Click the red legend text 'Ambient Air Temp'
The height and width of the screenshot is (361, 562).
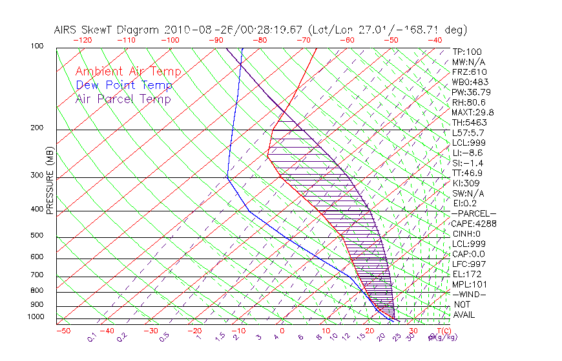click(x=128, y=72)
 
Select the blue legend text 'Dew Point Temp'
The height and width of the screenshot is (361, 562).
click(x=124, y=85)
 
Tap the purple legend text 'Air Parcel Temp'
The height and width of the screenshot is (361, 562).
click(x=123, y=99)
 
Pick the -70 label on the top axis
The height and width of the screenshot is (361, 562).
click(x=303, y=40)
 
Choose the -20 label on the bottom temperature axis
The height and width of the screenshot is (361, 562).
click(x=194, y=331)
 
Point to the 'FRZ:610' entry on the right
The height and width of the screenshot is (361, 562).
click(x=469, y=72)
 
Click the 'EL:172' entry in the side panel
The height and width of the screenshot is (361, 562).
click(x=465, y=274)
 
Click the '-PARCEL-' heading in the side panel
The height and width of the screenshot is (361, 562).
click(x=474, y=213)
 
